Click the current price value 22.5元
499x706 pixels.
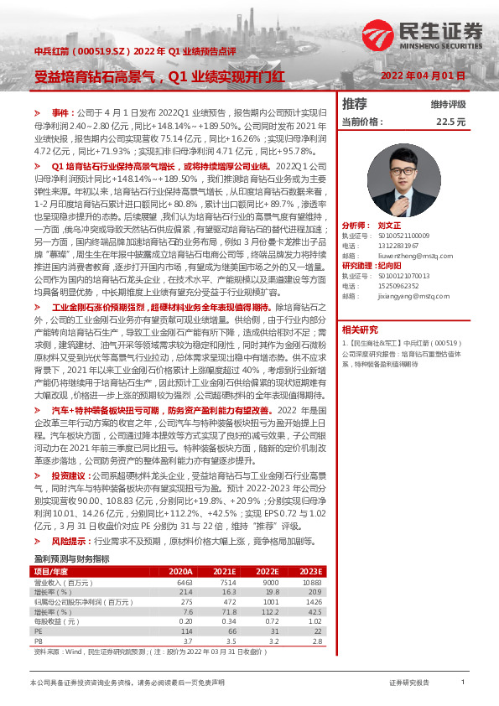(x=450, y=122)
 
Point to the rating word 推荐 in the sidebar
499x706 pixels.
(x=355, y=104)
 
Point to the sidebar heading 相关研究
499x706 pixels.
(x=361, y=329)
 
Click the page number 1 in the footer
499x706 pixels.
(x=463, y=683)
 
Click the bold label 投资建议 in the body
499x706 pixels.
(x=71, y=475)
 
